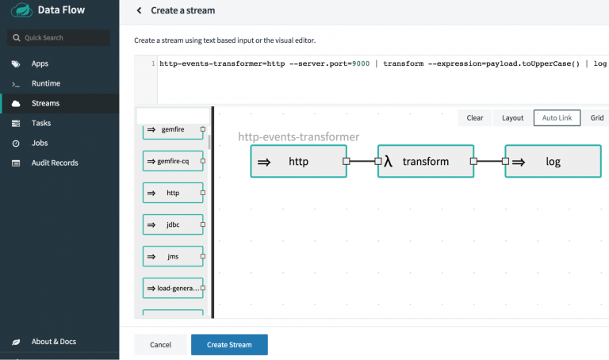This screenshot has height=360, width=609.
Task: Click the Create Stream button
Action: point(229,344)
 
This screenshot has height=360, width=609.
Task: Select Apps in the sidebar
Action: point(40,63)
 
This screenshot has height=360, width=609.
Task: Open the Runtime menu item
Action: point(46,83)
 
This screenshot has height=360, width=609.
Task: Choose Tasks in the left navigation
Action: point(41,123)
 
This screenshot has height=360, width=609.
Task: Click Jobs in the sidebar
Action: point(40,143)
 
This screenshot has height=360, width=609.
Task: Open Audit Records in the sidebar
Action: point(55,163)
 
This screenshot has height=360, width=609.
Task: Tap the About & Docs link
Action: point(54,341)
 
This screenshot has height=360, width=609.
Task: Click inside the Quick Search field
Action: point(58,38)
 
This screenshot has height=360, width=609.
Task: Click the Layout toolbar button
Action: point(513,117)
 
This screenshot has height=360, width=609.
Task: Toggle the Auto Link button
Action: point(557,117)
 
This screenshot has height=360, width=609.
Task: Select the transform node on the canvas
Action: point(426,161)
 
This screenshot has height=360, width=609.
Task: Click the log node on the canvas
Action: point(553,161)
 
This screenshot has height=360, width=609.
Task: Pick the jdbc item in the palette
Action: point(173,224)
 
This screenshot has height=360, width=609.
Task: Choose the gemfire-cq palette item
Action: point(173,161)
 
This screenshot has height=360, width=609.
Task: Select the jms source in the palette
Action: point(173,256)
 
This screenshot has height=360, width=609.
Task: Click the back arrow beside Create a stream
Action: point(139,10)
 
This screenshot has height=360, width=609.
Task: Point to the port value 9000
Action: point(361,63)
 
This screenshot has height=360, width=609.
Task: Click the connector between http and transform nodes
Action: point(362,161)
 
